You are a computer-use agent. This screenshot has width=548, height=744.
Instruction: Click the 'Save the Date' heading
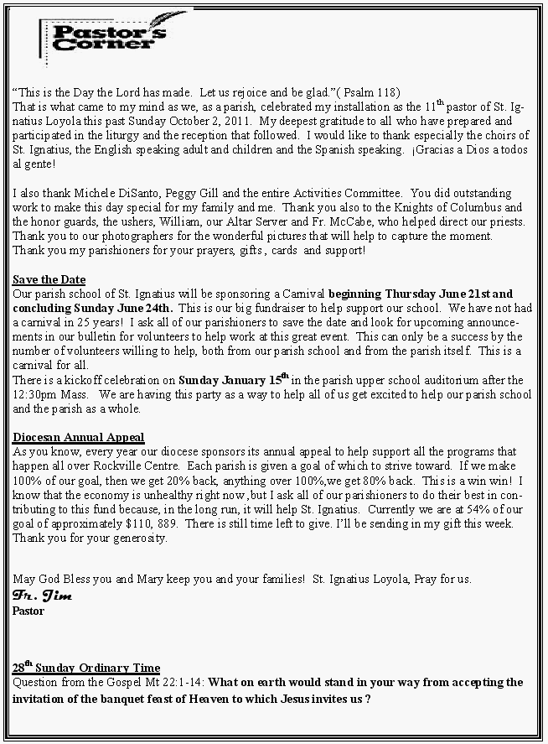(x=49, y=279)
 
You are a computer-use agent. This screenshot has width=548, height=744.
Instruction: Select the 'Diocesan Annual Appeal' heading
(x=79, y=437)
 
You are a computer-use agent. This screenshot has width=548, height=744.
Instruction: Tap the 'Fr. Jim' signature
(x=42, y=596)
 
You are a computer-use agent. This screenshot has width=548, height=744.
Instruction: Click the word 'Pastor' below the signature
(x=28, y=611)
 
